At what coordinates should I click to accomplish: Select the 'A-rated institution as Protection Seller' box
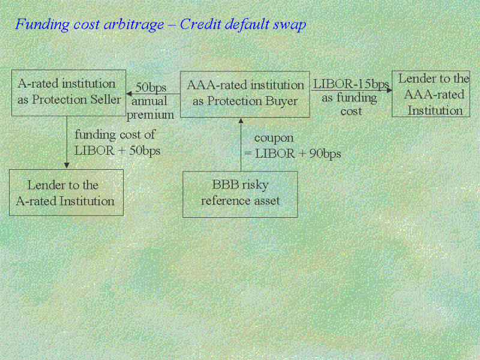tap(68, 93)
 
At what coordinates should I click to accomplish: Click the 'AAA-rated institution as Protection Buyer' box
tap(245, 94)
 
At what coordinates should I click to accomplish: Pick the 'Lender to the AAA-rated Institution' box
tap(431, 94)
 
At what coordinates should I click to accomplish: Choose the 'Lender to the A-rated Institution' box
tap(66, 193)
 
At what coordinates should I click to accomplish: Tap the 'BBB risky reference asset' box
tap(240, 194)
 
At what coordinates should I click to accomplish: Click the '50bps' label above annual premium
tap(151, 87)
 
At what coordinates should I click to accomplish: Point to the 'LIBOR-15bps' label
tap(351, 83)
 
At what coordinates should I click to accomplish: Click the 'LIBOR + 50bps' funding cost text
tap(118, 151)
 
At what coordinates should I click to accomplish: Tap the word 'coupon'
tap(274, 139)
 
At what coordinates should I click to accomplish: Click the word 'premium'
tap(151, 115)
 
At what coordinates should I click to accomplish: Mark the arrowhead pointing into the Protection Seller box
tap(129, 94)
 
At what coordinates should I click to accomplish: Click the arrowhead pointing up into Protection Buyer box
tap(241, 121)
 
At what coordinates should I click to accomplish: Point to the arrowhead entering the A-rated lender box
tap(67, 166)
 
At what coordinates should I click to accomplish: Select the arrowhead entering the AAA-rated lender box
tap(389, 90)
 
